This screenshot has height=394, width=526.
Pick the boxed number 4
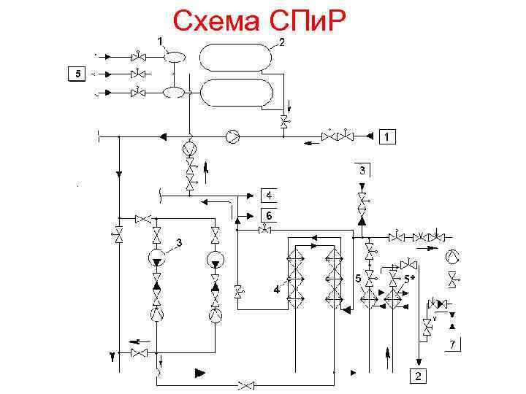[270, 196]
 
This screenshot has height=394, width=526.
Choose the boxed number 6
[270, 215]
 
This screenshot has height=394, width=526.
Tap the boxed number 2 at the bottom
[416, 376]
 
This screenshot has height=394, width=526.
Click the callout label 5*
[411, 279]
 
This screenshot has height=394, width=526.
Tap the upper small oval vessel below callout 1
[174, 55]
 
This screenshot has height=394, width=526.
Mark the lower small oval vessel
[174, 92]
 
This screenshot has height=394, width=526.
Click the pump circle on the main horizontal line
[232, 136]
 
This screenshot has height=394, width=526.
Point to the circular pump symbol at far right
[453, 255]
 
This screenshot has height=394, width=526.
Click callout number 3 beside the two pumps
[179, 242]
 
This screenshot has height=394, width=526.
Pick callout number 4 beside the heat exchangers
[276, 290]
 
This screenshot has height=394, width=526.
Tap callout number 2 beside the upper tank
[282, 42]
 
